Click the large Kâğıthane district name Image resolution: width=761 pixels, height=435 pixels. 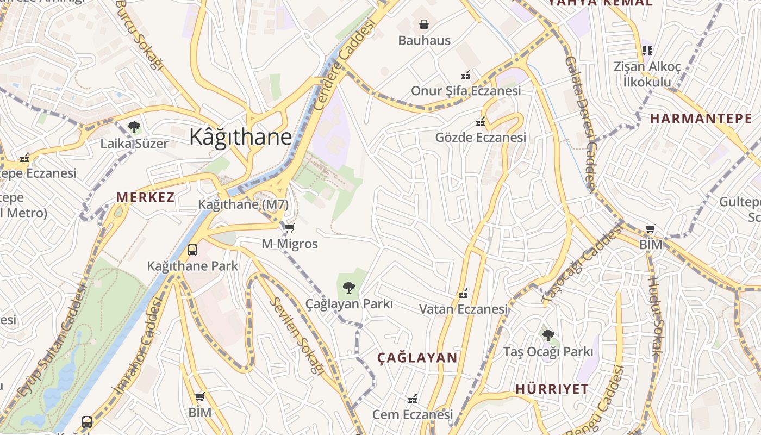pos(240,137)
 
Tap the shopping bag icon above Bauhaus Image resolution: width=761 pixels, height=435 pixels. pos(424,24)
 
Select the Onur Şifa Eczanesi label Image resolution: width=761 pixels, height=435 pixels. pos(466,91)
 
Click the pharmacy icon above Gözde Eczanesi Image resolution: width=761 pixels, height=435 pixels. pos(481,122)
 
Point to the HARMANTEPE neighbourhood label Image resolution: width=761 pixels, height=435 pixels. pos(701,119)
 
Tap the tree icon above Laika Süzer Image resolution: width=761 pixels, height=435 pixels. pos(134,128)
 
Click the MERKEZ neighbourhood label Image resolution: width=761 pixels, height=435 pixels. pos(146,197)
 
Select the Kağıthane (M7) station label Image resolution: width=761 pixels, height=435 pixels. pos(244,204)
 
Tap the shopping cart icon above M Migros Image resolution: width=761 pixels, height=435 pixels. pos(290,228)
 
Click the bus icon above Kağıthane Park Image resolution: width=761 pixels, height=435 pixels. pos(192,250)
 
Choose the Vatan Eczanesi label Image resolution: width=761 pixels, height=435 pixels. pos(463,309)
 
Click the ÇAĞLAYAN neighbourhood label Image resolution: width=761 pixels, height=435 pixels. pos(417,358)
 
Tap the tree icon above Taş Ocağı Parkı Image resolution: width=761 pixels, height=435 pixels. pos(548,335)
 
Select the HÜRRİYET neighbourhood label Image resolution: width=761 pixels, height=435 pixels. pos(552,389)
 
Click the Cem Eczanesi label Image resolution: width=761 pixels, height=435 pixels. pos(412,414)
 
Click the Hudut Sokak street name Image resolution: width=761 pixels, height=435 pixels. pos(654,317)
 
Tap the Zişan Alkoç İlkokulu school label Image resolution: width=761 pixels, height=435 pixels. pos(647,74)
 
